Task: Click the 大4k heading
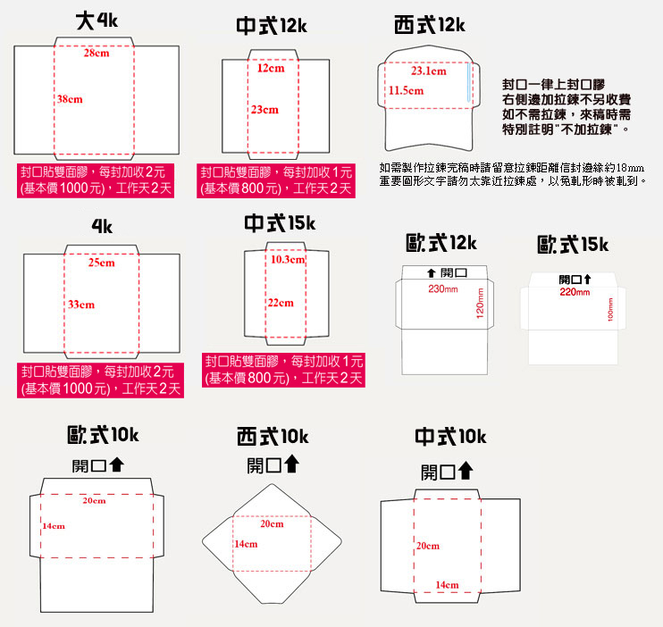97,21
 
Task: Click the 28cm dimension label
97,54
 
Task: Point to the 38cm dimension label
71,99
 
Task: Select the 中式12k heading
272,26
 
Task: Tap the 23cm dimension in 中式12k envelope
265,110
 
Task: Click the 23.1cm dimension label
429,71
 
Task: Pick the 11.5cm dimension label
406,90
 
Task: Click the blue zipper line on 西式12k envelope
468,82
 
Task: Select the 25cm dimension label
102,263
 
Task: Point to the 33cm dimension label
81,305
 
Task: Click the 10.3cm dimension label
288,260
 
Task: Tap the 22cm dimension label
281,303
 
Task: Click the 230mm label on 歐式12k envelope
443,289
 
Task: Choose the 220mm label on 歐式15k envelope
575,292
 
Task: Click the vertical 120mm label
480,303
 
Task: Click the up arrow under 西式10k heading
291,464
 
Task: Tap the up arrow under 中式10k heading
466,470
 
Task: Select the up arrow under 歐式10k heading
117,464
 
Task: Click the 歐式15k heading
573,245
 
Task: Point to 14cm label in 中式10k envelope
448,585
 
